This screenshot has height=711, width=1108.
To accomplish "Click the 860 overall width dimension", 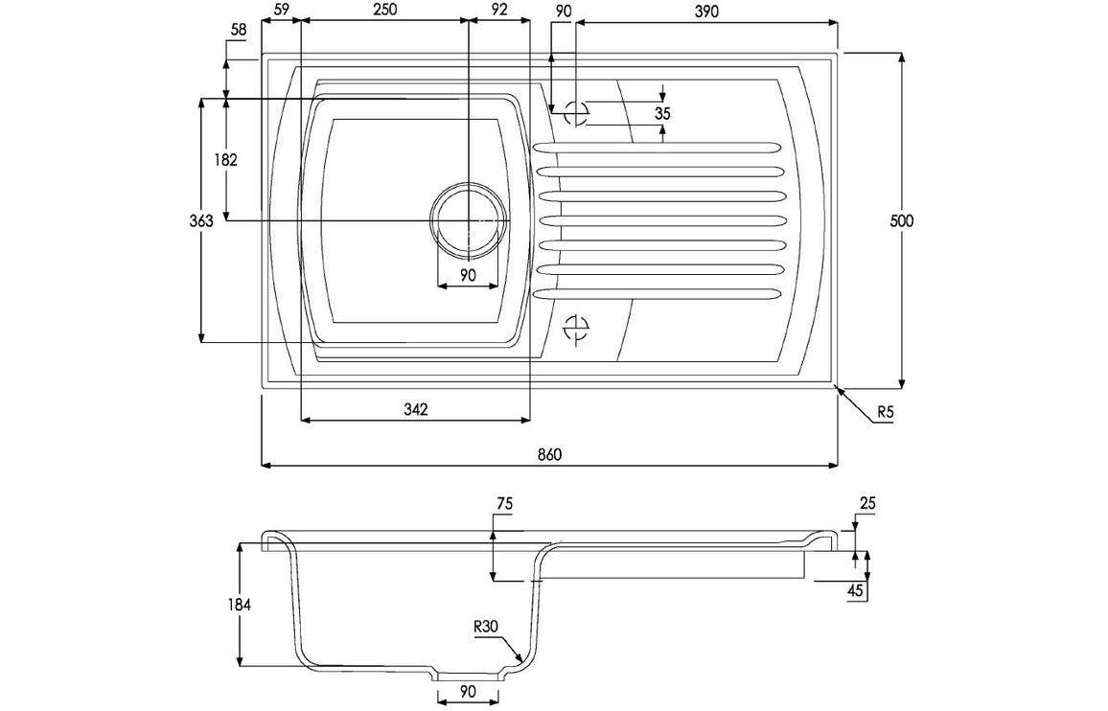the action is (549, 454).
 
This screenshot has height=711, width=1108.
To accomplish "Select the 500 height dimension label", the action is (901, 220).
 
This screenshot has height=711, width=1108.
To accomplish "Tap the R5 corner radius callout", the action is (885, 411).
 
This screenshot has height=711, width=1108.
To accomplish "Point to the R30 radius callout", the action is (486, 626).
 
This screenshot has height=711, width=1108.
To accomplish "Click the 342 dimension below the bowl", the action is (416, 409).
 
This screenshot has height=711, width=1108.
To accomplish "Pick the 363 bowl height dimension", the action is (201, 221).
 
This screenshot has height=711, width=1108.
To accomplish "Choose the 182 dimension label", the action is (225, 160).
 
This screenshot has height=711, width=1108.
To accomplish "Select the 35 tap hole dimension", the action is (662, 113).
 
